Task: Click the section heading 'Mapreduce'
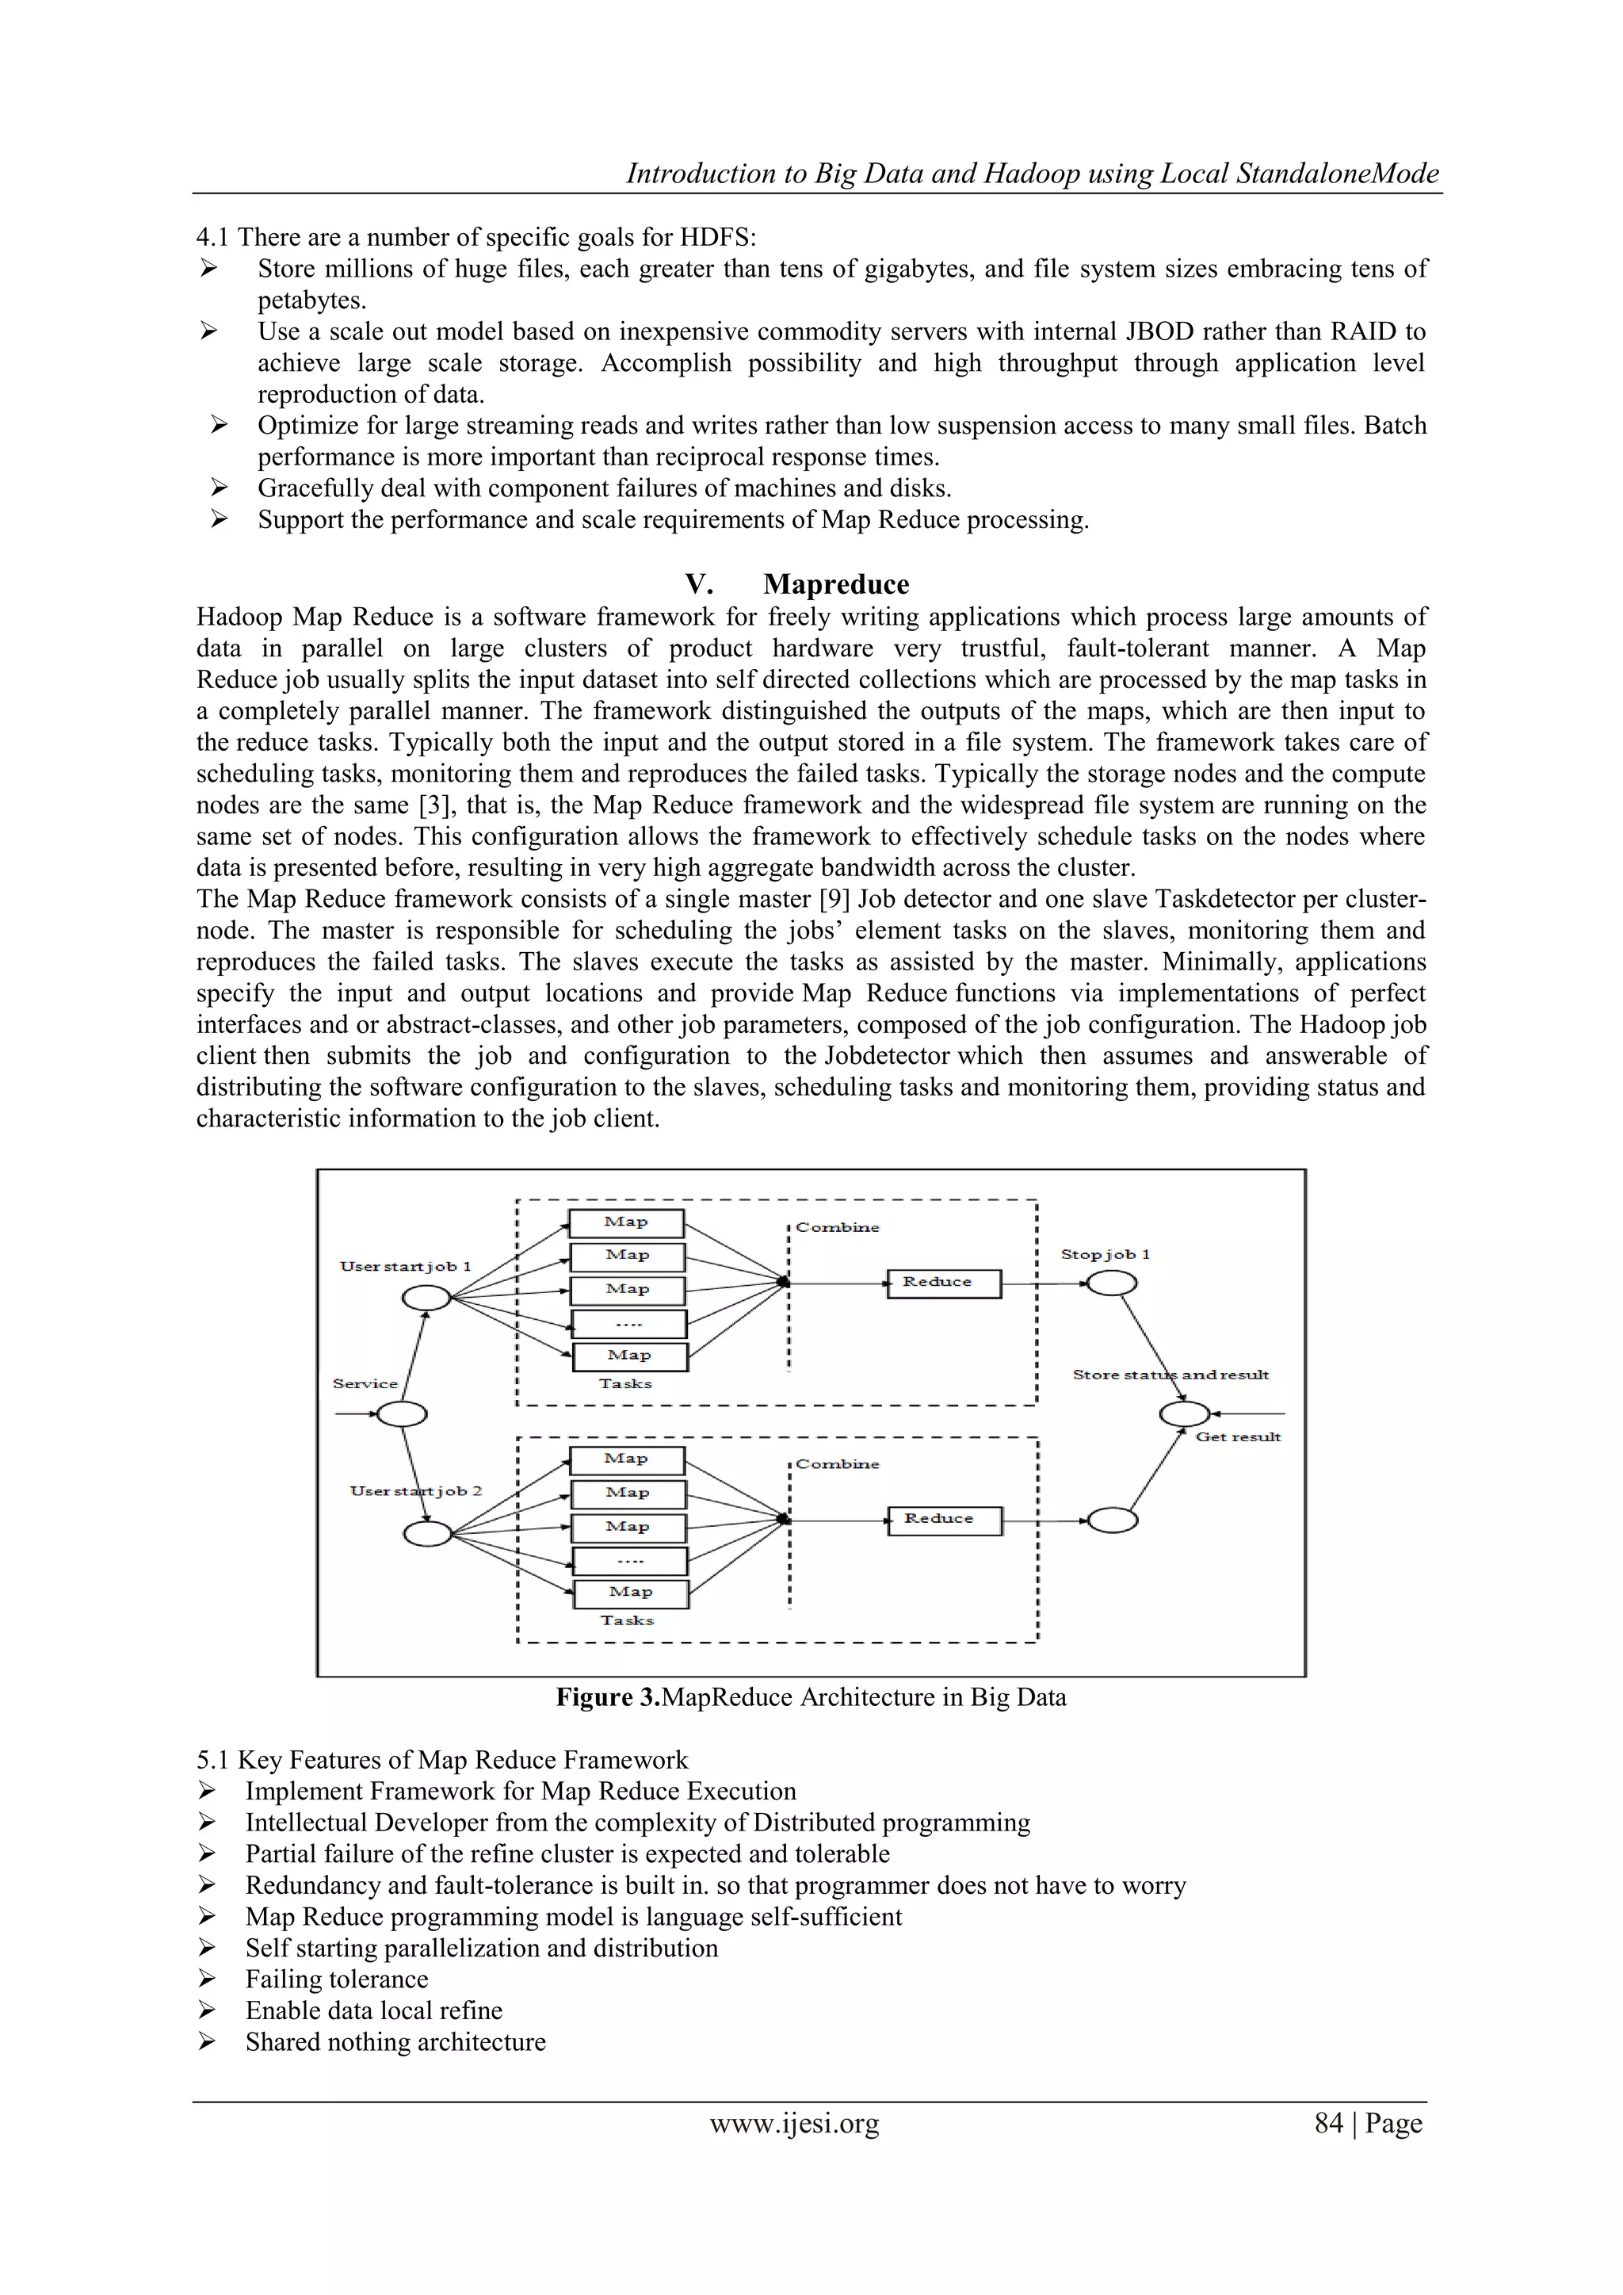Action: click(x=835, y=585)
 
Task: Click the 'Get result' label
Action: click(x=1238, y=1437)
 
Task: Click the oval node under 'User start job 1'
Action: click(x=426, y=1298)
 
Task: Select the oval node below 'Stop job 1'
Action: click(x=1111, y=1283)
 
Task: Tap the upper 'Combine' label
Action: click(x=838, y=1227)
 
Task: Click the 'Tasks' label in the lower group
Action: click(x=627, y=1620)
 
